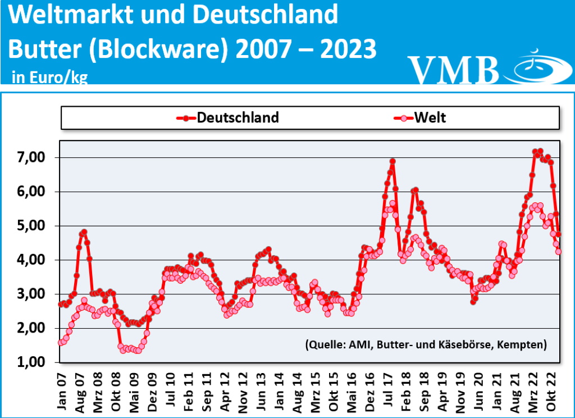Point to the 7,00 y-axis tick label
click(x=29, y=158)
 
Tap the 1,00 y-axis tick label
click(x=29, y=362)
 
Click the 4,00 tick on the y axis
click(x=29, y=260)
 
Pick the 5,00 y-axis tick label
click(x=29, y=226)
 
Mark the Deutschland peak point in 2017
click(x=393, y=161)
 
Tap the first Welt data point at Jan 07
click(x=61, y=342)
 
